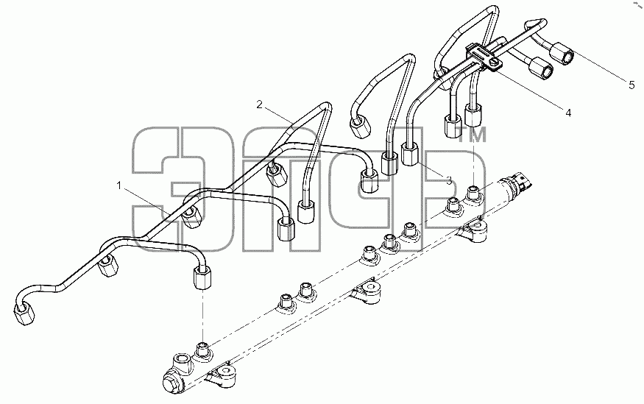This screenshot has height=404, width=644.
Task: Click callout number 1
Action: (x=119, y=186)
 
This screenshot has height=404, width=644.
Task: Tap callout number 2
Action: (x=259, y=104)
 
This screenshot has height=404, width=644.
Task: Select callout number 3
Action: (x=449, y=180)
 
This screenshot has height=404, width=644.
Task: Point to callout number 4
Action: (x=568, y=113)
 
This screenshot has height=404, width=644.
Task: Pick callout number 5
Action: (x=631, y=85)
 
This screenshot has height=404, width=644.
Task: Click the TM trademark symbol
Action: (x=473, y=134)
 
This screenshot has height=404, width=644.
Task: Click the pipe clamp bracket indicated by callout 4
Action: (x=484, y=57)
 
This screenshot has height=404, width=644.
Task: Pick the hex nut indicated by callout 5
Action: (x=561, y=54)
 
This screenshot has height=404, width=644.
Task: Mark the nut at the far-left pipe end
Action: (x=24, y=313)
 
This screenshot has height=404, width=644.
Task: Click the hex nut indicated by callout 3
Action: (x=410, y=154)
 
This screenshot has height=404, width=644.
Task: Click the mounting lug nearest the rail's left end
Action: (x=222, y=374)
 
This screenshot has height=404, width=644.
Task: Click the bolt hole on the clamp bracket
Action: (x=495, y=63)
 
